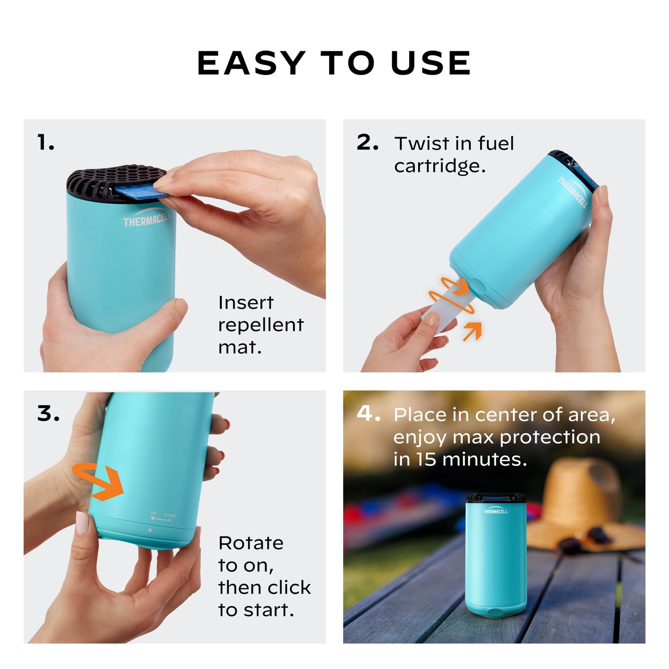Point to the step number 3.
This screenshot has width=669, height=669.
click(x=48, y=413)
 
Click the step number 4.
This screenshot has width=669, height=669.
click(x=368, y=413)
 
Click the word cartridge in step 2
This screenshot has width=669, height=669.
click(x=440, y=166)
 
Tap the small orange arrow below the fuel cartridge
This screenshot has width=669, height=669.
click(x=473, y=331)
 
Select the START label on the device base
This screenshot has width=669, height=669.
click(x=170, y=515)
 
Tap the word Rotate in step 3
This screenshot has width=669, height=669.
click(x=250, y=543)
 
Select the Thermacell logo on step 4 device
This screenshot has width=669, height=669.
click(x=495, y=511)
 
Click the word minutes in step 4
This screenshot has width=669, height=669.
click(x=484, y=459)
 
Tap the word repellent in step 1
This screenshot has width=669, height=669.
click(x=261, y=325)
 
